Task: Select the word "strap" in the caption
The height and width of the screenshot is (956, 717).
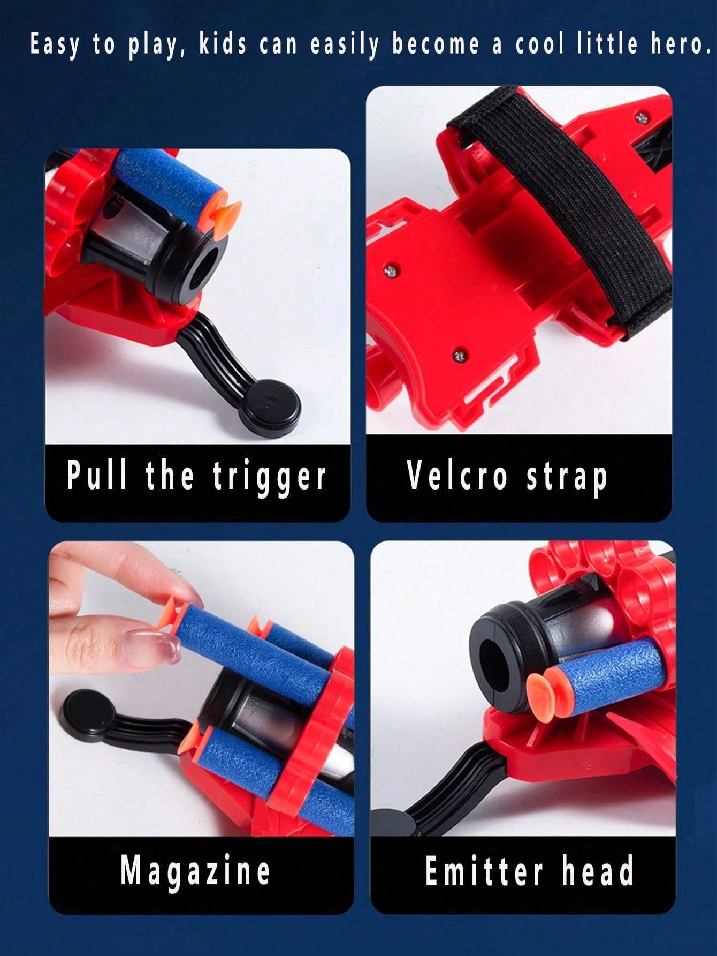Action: pyautogui.click(x=567, y=477)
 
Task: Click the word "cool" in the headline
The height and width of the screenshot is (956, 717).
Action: pyautogui.click(x=539, y=44)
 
